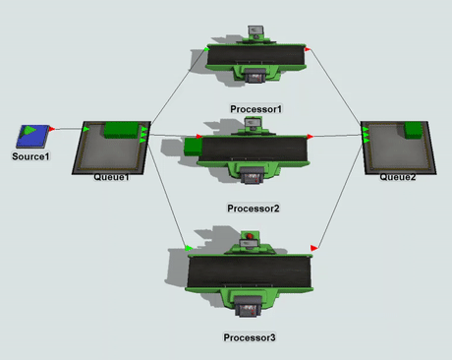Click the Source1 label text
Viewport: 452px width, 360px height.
point(30,156)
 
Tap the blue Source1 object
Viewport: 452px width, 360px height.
point(32,136)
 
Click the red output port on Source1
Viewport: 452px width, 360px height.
point(52,129)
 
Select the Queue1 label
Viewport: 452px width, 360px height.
point(111,177)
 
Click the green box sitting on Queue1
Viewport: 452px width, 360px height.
point(121,130)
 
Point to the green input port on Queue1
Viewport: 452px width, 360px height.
point(86,129)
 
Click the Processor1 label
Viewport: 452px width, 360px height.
point(255,109)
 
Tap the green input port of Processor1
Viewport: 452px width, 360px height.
point(206,49)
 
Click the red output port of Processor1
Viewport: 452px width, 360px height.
point(308,49)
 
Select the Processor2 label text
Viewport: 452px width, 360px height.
point(254,209)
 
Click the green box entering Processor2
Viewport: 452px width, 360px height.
point(194,147)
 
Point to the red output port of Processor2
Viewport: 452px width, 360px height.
point(310,136)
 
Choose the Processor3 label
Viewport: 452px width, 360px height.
point(250,337)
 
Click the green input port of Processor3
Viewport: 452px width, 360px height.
point(189,248)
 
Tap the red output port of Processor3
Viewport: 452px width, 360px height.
point(313,248)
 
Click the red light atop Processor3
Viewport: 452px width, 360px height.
point(250,236)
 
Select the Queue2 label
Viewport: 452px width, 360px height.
point(398,177)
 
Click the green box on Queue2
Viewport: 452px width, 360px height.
point(413,130)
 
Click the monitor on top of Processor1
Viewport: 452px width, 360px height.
point(255,30)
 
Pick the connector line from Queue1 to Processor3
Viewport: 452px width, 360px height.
point(167,195)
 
